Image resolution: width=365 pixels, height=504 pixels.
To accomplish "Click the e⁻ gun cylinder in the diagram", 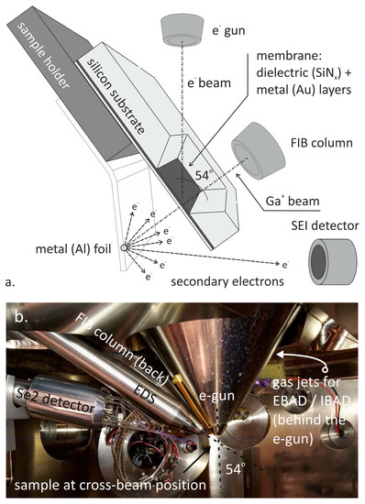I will point(183,27).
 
